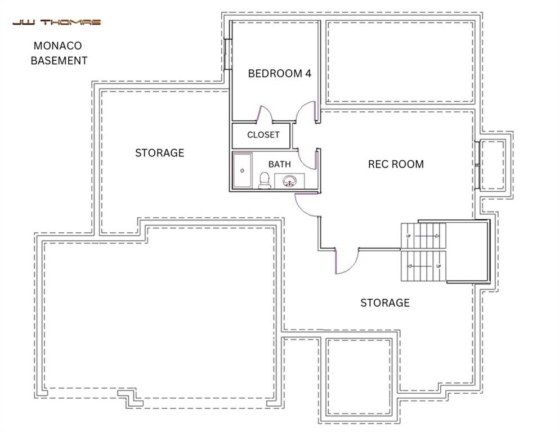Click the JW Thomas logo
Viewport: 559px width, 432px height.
57,22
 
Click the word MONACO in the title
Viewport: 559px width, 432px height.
59,46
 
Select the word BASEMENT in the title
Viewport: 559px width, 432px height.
59,60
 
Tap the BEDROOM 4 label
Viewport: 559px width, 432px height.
280,73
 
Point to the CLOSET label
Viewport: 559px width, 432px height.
263,135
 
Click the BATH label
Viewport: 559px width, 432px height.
280,164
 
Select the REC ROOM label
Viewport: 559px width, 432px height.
396,164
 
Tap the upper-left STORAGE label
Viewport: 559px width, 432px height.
159,153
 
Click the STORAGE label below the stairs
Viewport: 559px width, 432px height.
385,303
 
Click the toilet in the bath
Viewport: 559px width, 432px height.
264,180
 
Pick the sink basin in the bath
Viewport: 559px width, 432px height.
290,181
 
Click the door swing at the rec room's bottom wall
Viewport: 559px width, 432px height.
346,262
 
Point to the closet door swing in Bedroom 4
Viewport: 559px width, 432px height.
265,114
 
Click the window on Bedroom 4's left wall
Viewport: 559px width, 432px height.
227,55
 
